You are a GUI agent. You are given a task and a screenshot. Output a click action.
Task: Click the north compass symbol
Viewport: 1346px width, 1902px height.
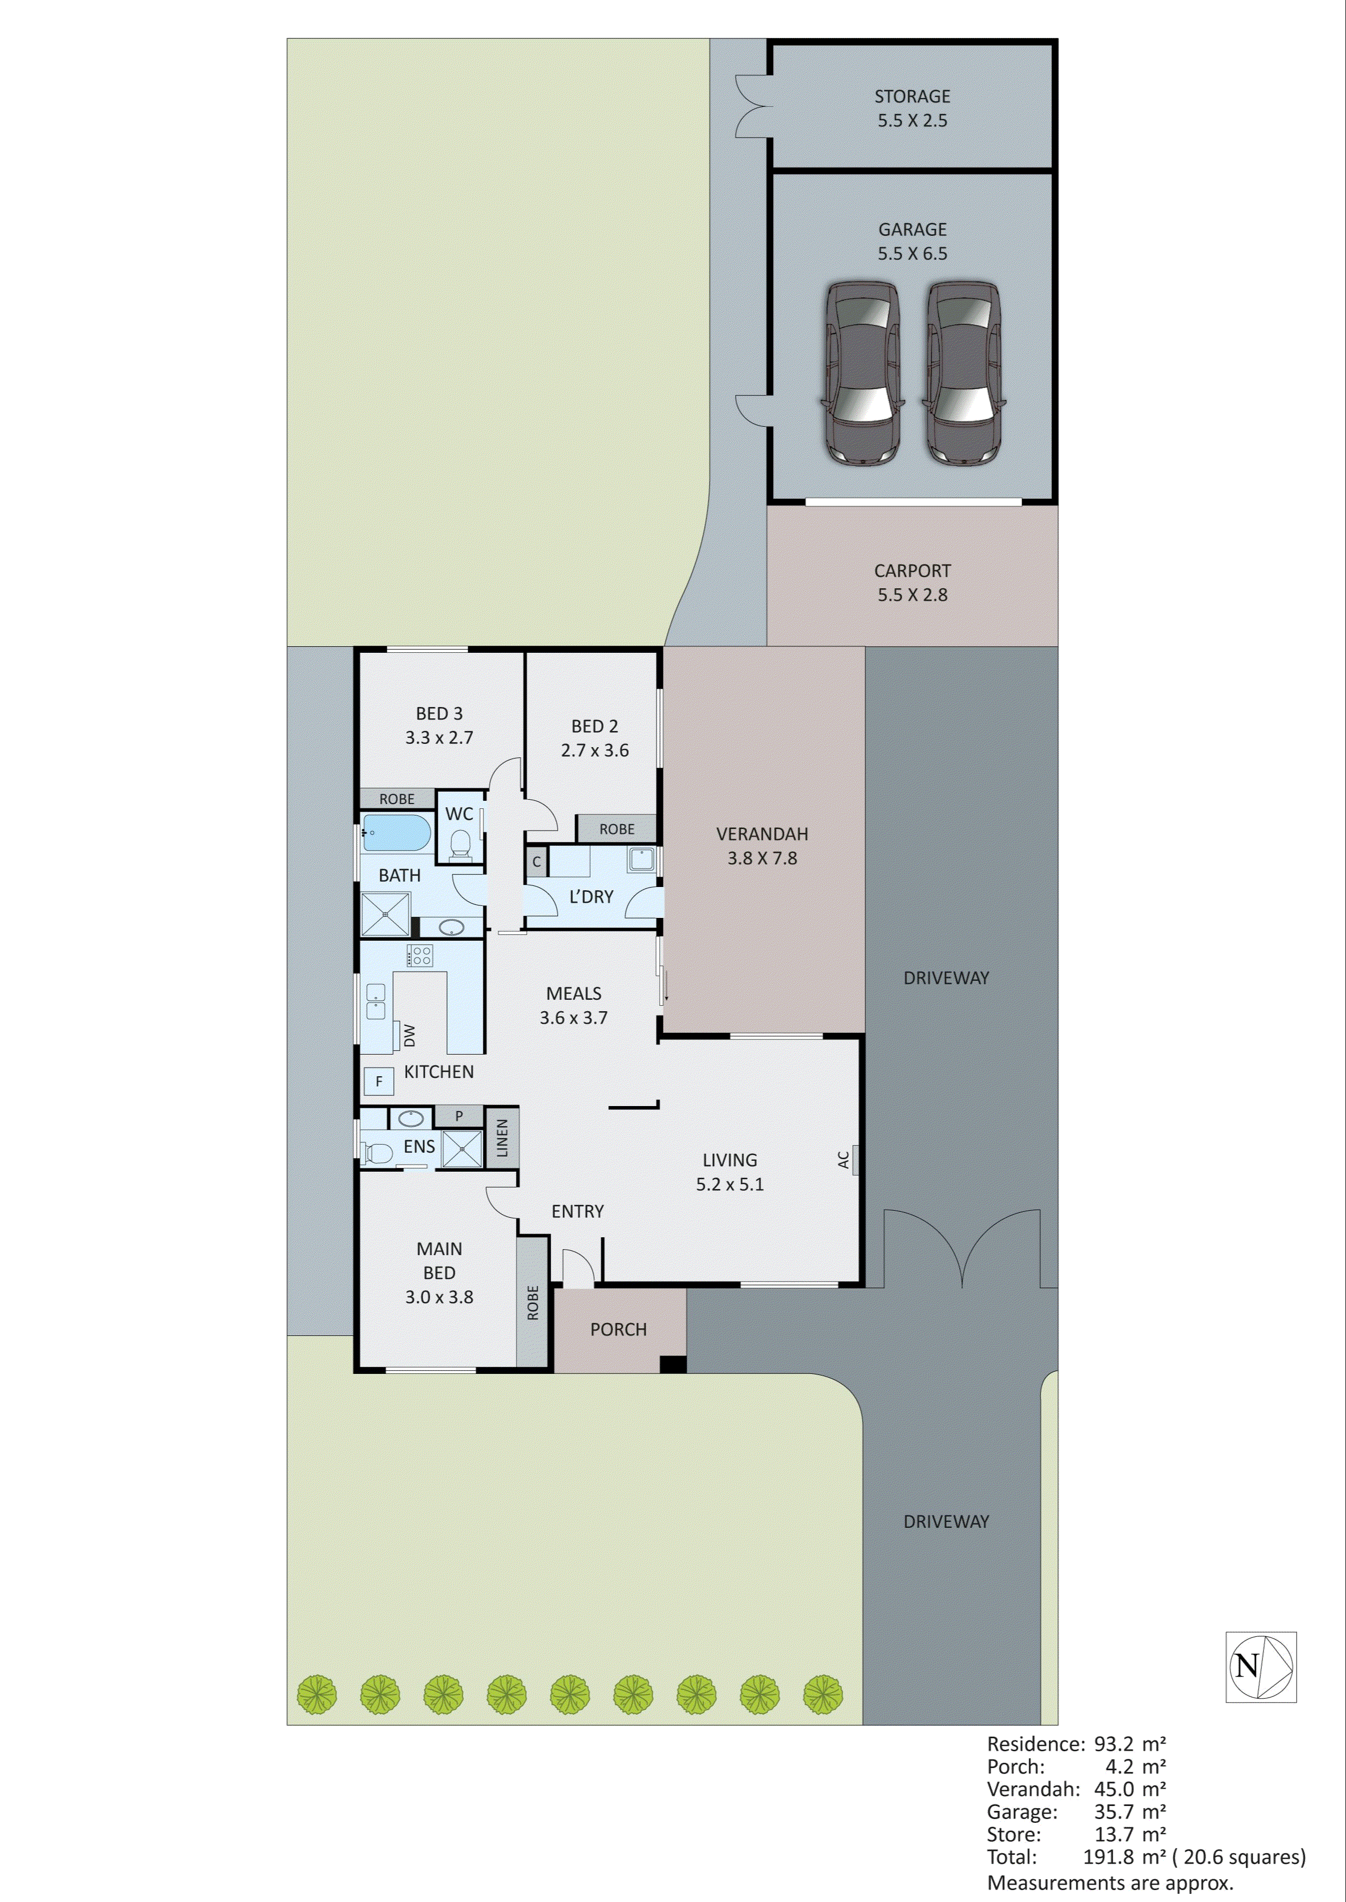[1261, 1667]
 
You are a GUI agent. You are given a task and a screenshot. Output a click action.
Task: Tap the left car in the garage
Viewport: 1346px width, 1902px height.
[862, 373]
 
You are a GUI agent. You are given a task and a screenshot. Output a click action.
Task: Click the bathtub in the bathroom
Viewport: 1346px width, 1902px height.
[398, 833]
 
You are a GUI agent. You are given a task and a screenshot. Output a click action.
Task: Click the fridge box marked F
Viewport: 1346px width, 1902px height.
[379, 1081]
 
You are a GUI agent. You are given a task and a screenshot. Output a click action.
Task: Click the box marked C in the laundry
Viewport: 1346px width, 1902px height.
[536, 862]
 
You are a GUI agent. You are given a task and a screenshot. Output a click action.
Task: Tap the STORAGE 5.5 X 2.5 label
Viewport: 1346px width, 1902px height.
[911, 108]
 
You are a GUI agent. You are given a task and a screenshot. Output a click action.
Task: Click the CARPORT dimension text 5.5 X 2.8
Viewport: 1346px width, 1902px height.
[911, 595]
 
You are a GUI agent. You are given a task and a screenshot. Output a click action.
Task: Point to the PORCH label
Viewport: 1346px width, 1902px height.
[618, 1329]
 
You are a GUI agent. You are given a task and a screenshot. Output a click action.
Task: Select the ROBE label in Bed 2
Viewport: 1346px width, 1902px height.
[617, 829]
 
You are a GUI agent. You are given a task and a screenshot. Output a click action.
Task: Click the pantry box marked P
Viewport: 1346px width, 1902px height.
[458, 1116]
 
